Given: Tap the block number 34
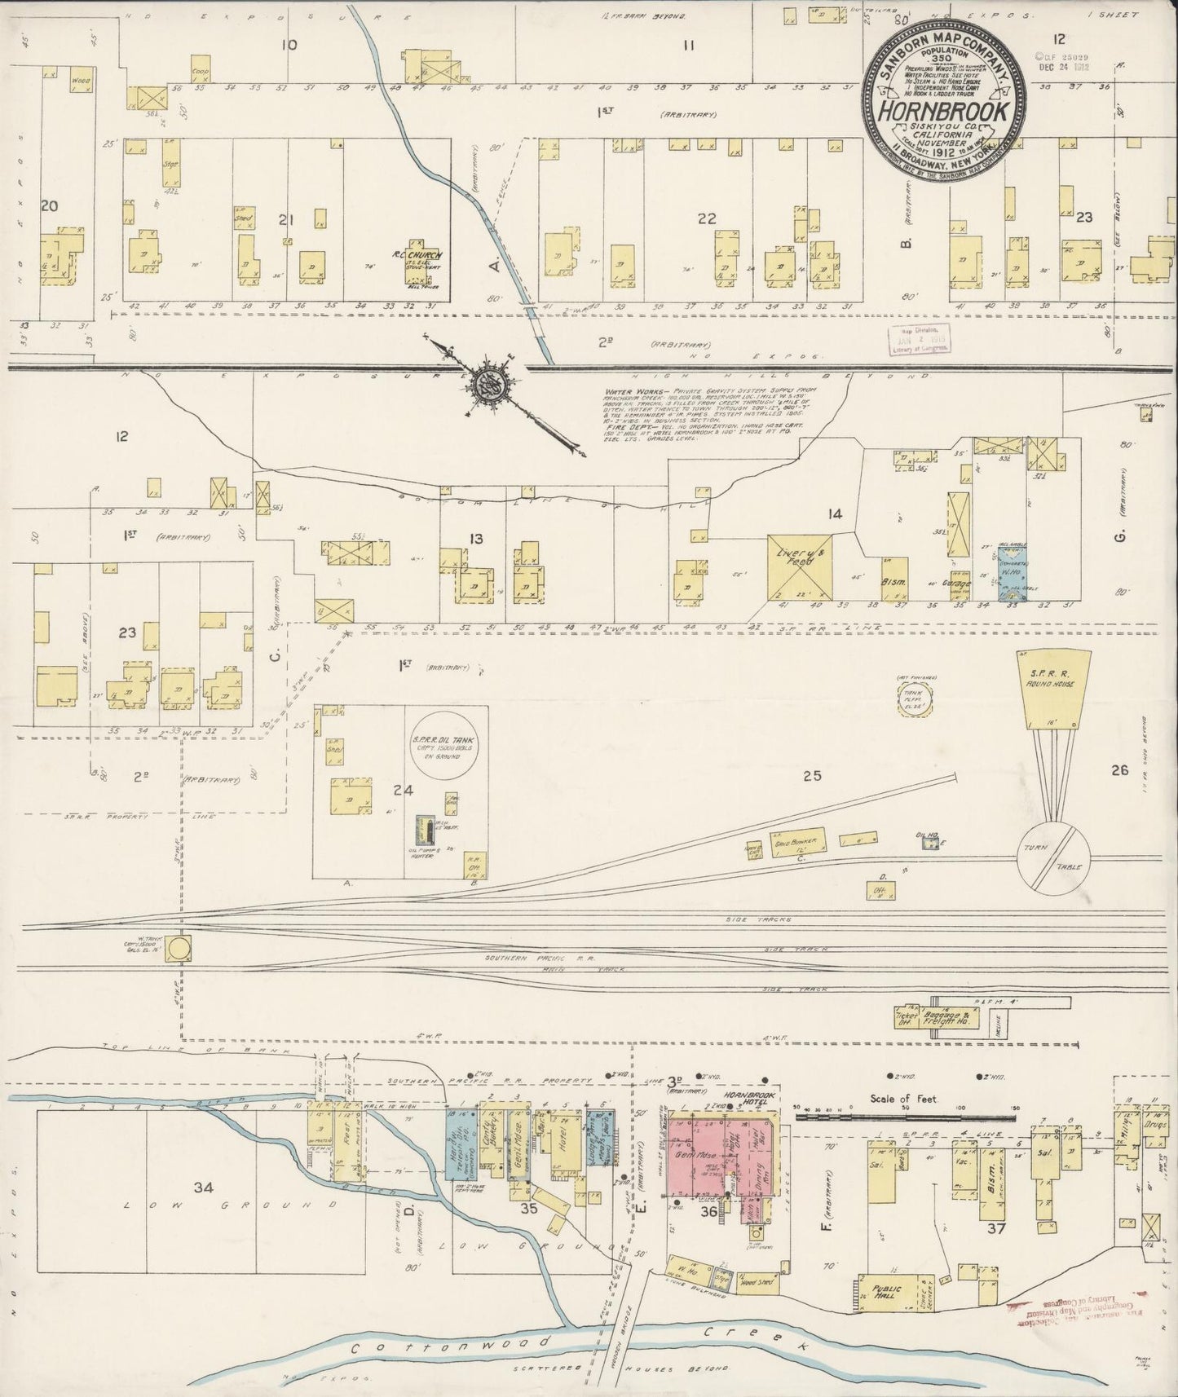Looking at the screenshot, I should [203, 1187].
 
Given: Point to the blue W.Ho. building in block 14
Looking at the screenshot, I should [1013, 573].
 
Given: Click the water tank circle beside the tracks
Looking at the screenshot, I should [183, 947].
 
